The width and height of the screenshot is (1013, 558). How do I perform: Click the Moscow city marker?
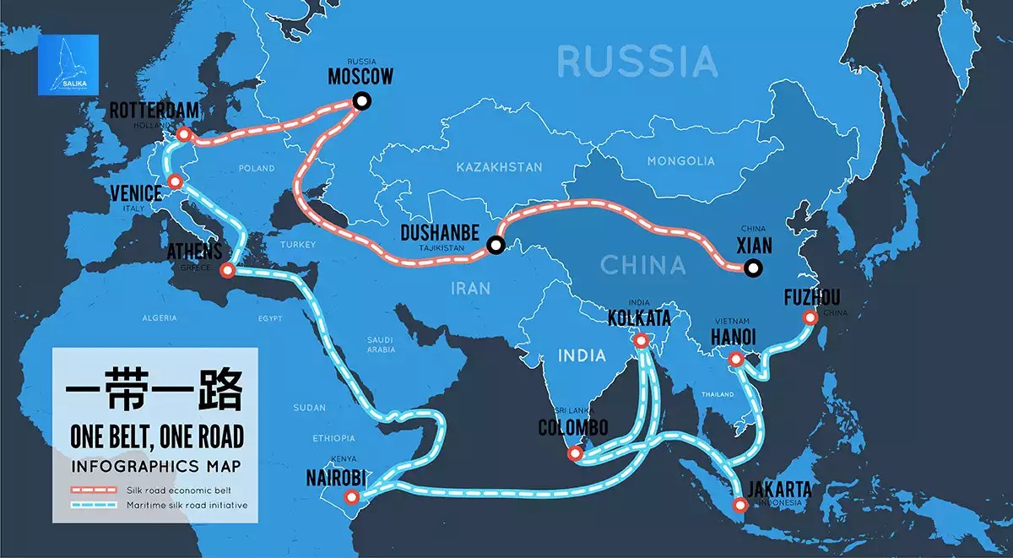(361, 101)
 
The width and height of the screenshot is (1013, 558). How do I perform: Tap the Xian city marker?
(752, 269)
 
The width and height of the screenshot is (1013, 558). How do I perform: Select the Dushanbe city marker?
(496, 246)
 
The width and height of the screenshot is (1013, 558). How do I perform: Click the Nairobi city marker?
(351, 497)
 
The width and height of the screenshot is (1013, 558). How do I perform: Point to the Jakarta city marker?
(740, 507)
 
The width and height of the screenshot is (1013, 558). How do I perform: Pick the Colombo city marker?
(575, 454)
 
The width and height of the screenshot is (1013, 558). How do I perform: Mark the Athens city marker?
(226, 271)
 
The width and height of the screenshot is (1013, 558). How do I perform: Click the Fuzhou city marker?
(810, 317)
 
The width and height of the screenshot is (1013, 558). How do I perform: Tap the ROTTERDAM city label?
(154, 111)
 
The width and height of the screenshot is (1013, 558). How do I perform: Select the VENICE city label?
(136, 193)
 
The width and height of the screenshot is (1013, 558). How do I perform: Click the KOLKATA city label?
(639, 318)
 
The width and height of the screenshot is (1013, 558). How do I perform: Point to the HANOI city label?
(732, 338)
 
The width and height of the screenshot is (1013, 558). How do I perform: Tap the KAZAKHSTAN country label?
(499, 167)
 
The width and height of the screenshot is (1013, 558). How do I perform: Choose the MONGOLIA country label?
(680, 160)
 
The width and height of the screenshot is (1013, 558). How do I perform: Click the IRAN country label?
(470, 288)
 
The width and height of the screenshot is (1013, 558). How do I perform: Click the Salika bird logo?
(68, 65)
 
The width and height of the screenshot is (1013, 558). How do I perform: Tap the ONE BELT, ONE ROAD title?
(157, 436)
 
